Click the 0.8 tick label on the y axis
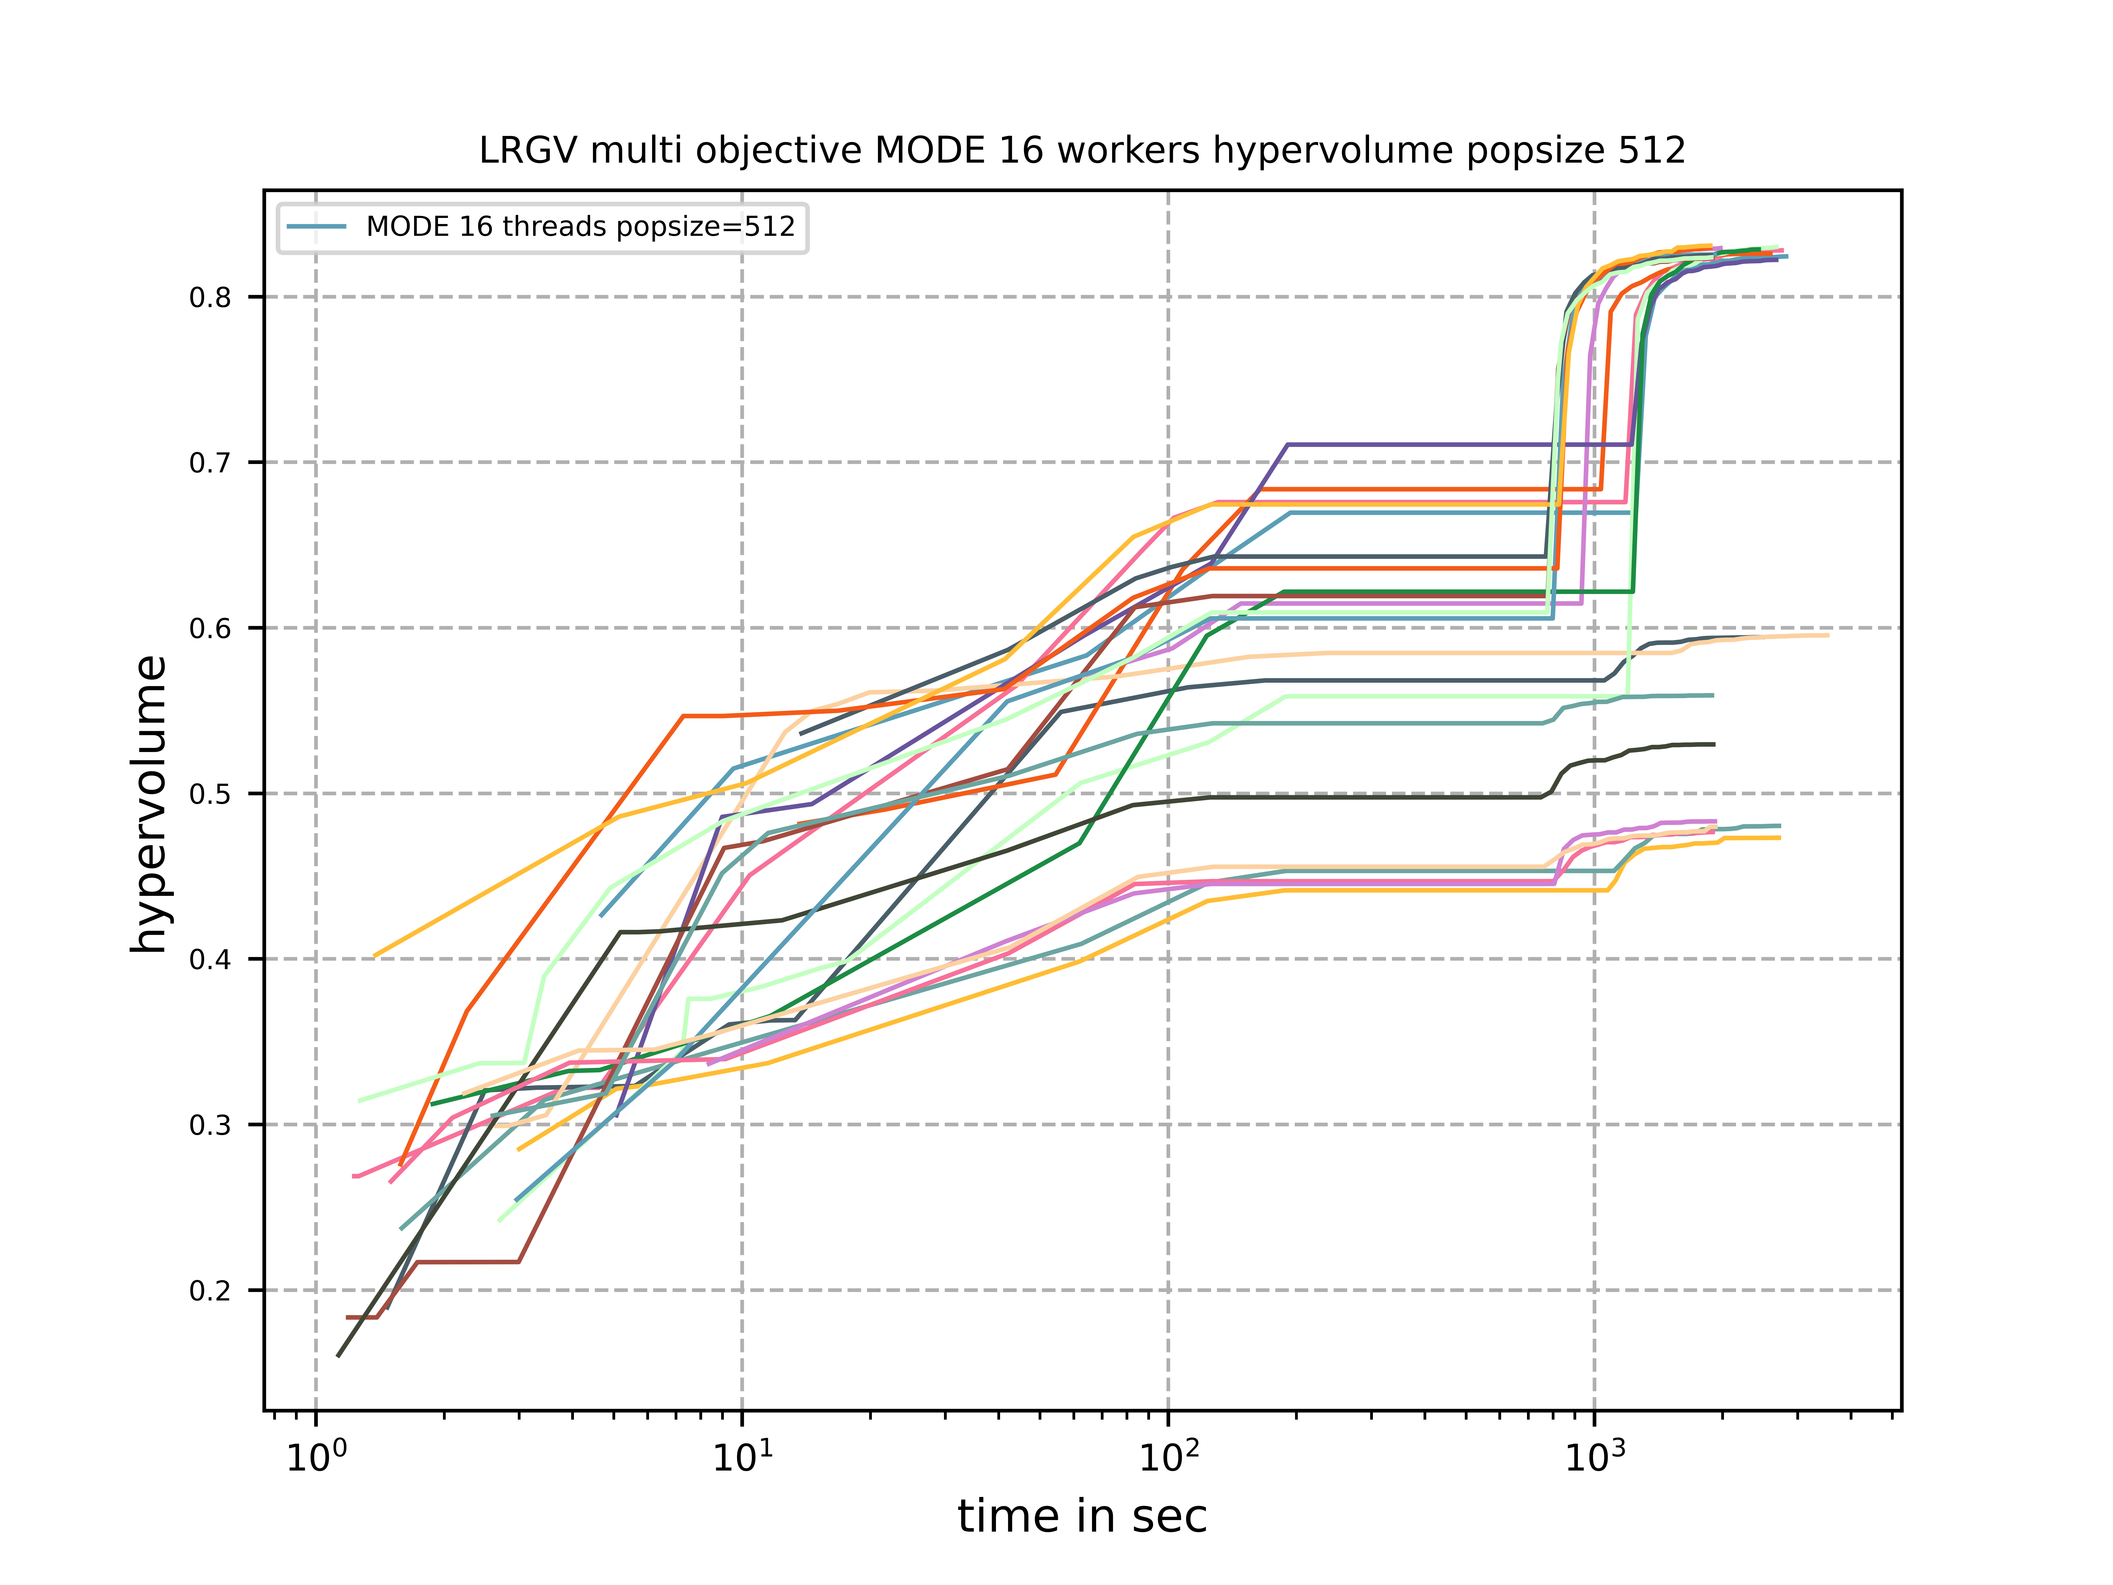click(210, 297)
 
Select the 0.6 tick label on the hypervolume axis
click(210, 629)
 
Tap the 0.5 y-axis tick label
click(210, 794)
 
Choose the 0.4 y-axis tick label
click(210, 959)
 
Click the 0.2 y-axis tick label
click(210, 1291)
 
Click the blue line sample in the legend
click(316, 226)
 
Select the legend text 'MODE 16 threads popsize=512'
click(581, 226)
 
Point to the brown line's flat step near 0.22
click(467, 1262)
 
